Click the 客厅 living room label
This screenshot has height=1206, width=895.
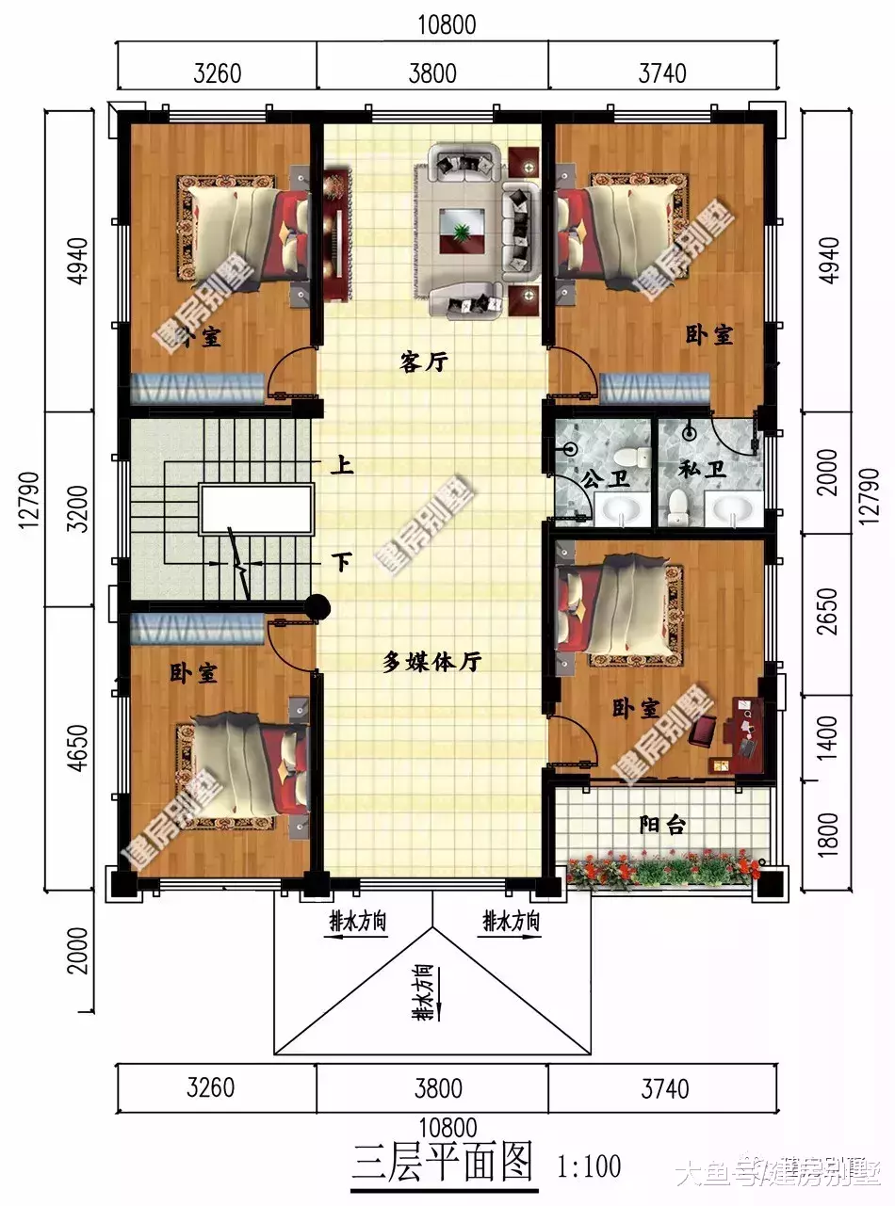[423, 362]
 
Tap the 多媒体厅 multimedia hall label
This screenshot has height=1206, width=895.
[431, 662]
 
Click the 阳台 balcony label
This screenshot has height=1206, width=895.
[662, 825]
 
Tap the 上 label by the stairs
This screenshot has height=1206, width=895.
[341, 464]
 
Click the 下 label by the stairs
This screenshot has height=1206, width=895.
[341, 563]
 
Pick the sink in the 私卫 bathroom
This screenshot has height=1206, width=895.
[732, 510]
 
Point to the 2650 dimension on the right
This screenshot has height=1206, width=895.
[828, 612]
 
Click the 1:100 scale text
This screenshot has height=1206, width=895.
[589, 1167]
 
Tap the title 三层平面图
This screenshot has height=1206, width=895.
[443, 1165]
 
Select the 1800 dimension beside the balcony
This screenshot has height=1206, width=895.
[828, 826]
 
